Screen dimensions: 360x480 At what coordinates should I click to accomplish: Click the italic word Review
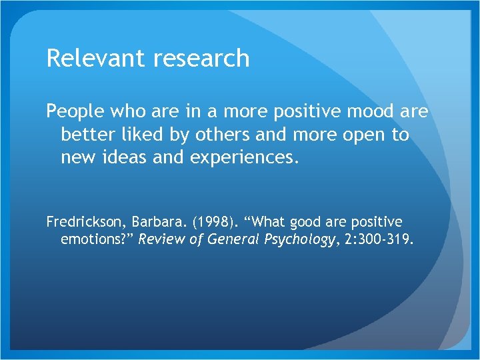(160, 239)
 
